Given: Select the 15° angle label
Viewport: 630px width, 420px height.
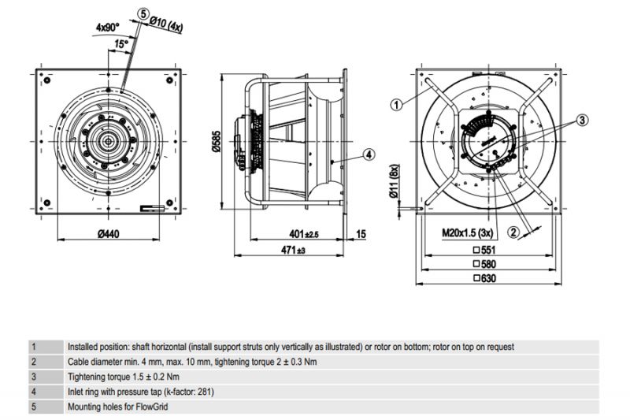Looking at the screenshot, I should [120, 45].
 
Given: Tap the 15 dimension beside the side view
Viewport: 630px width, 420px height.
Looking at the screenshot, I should [361, 234].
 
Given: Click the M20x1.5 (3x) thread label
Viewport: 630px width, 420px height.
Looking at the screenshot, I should [468, 233].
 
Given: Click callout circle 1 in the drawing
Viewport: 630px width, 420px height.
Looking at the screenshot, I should [397, 102].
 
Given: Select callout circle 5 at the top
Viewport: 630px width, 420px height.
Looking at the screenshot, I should [142, 13].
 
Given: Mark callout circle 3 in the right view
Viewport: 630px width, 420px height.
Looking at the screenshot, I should [582, 121].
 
